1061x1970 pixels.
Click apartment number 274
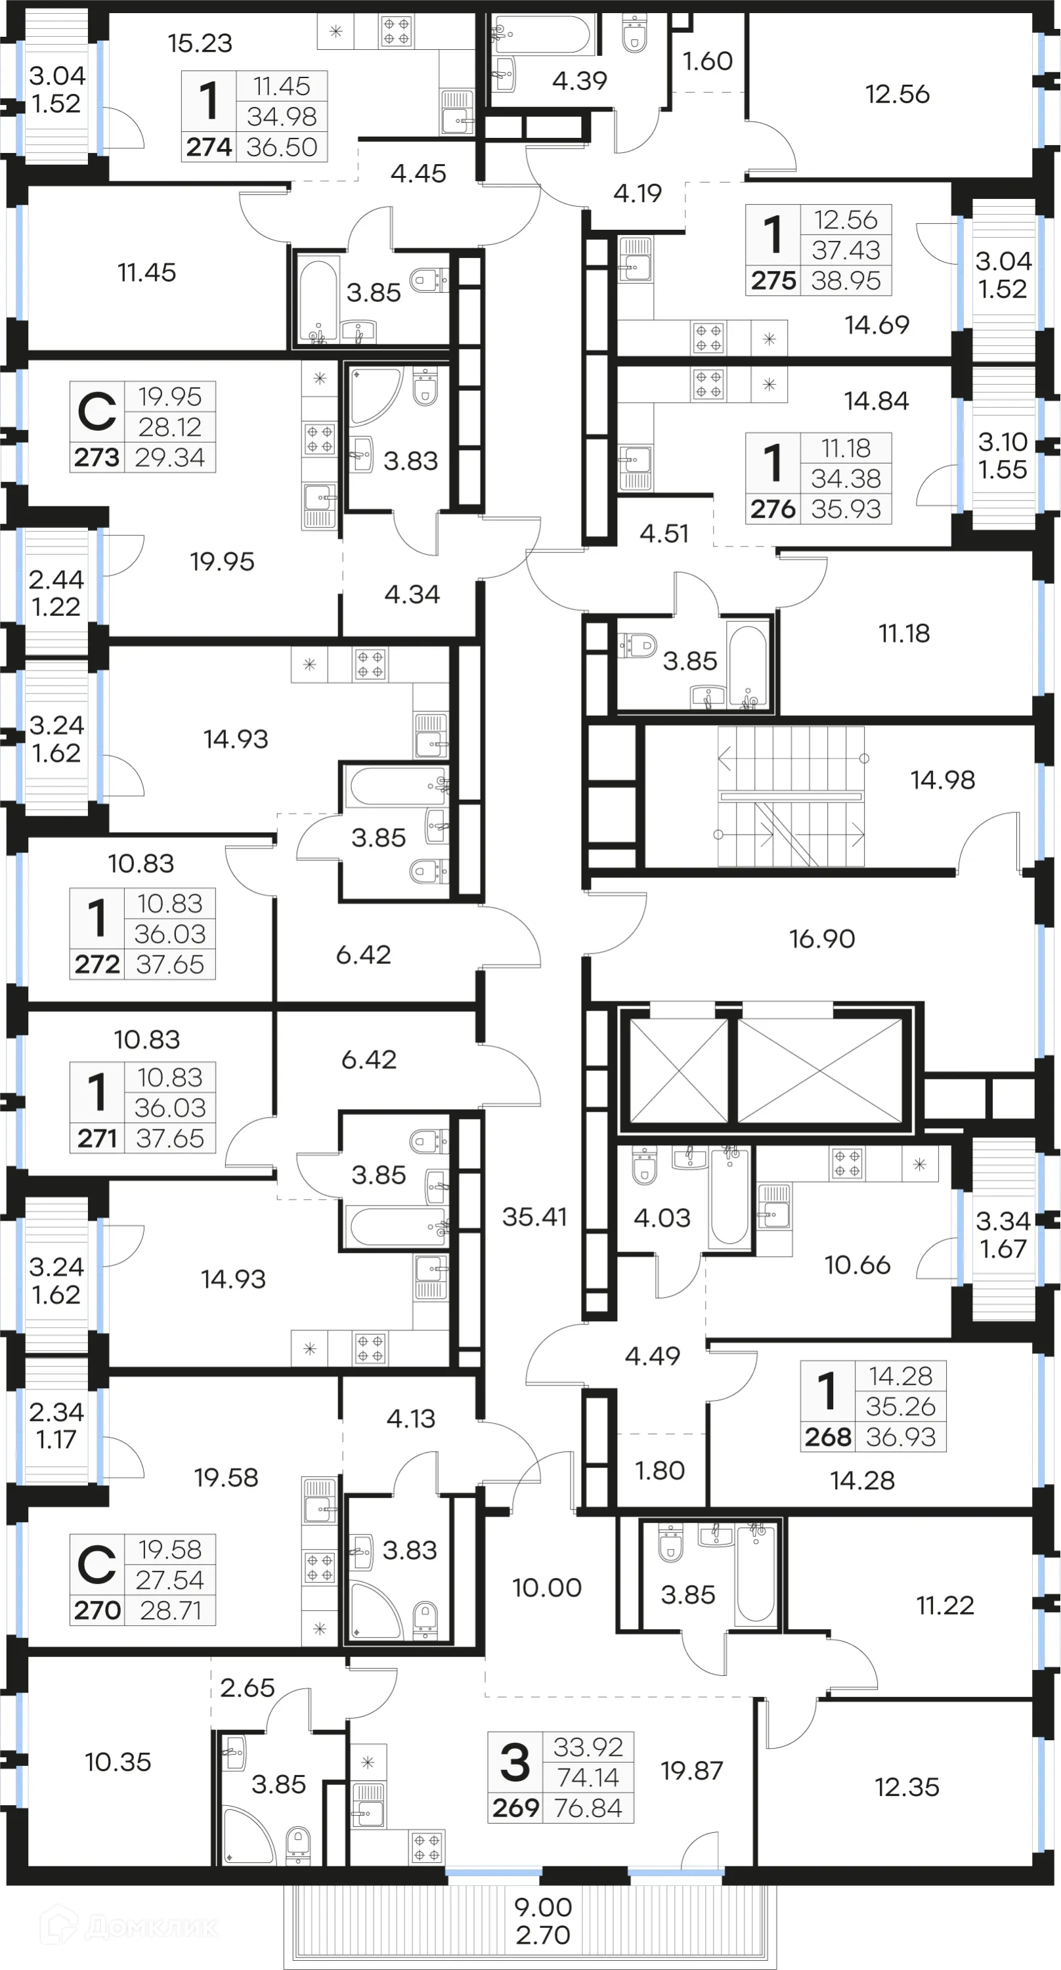[209, 147]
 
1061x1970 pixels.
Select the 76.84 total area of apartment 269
[588, 1807]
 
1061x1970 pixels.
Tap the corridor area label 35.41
[534, 1216]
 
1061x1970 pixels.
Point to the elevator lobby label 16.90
[822, 938]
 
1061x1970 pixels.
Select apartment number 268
[827, 1436]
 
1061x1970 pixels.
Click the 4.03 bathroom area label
[662, 1217]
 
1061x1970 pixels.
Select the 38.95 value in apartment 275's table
[846, 280]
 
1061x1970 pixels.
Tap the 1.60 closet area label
[707, 60]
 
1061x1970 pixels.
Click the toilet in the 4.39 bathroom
[634, 34]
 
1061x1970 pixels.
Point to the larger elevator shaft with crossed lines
[819, 1070]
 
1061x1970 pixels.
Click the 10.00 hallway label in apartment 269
[546, 1587]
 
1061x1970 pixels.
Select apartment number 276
[773, 508]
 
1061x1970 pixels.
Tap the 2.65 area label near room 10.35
[247, 1687]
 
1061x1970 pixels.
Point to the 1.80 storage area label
[660, 1470]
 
